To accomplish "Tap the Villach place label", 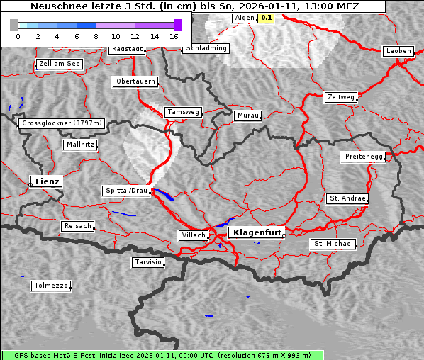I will (193, 235).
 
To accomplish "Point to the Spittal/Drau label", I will (126, 191).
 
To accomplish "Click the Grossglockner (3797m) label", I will (62, 123).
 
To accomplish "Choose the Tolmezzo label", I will (50, 286).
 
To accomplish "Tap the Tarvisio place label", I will (148, 262).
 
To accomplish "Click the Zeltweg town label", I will (340, 96).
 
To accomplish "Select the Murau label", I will (247, 115).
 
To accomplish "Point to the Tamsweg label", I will (183, 112).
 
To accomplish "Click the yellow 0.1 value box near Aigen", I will (266, 18).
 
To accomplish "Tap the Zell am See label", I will (59, 64).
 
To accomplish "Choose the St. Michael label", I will (333, 244).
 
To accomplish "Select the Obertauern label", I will (135, 81).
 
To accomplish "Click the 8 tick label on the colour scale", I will (95, 35).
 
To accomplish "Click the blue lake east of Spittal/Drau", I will (162, 193).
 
